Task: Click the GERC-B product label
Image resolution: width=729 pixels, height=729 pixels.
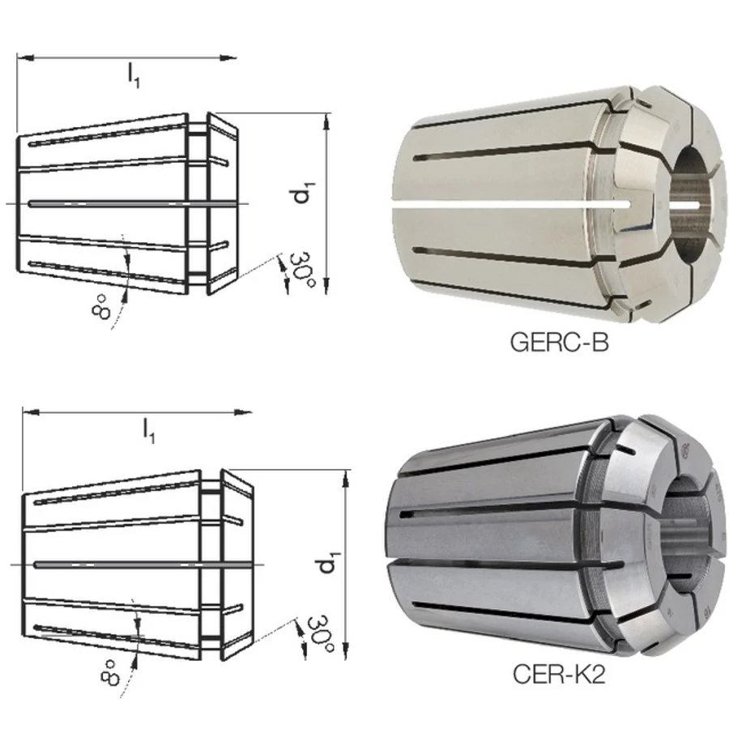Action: click(x=559, y=343)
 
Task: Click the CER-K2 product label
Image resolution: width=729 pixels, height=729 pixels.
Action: click(x=559, y=674)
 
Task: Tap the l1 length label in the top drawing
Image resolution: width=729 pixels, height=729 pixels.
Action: click(x=134, y=75)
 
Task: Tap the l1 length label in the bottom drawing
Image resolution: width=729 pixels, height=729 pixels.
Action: click(x=149, y=431)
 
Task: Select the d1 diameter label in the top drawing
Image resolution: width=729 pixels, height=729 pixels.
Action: click(x=303, y=193)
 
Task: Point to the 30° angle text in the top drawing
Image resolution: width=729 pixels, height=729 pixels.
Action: click(x=303, y=270)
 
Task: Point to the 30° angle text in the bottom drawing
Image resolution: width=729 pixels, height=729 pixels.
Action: click(x=321, y=633)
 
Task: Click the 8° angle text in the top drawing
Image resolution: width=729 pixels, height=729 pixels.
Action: click(x=101, y=307)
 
